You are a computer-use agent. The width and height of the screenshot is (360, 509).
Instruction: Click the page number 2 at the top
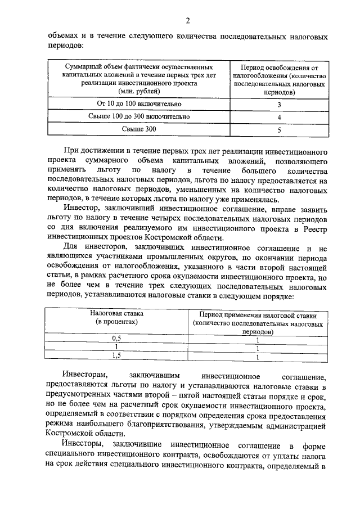tap(188, 21)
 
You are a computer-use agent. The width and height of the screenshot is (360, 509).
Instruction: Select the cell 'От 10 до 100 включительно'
tap(139, 104)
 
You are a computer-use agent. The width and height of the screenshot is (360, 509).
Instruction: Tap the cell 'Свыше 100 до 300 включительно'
tap(139, 117)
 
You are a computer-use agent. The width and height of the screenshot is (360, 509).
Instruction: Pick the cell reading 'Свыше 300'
tap(139, 129)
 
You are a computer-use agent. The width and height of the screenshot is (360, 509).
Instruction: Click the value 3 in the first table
tap(279, 105)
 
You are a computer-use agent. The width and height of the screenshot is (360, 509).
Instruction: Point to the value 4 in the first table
tap(279, 118)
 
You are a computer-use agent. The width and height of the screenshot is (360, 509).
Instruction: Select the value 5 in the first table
tap(279, 130)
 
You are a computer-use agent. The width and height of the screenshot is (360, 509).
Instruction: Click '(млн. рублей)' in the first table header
tap(139, 91)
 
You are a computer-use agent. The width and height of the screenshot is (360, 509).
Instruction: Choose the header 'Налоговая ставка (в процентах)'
tap(117, 318)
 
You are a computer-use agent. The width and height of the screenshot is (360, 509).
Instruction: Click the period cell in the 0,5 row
tap(258, 339)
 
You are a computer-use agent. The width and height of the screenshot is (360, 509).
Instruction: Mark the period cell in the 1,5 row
tap(258, 356)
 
